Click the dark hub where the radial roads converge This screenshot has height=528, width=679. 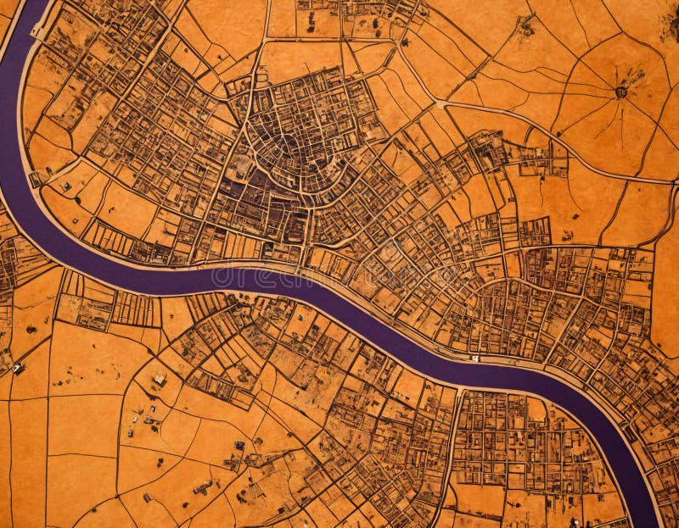click(621, 92)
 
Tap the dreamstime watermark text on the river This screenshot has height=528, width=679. click(280, 277)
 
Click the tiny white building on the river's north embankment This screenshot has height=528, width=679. click(475, 358)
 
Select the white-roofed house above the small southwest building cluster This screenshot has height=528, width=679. click(159, 379)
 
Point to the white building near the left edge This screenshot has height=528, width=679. click(17, 368)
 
